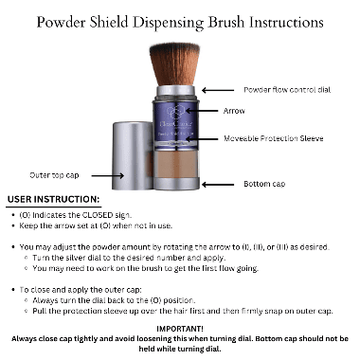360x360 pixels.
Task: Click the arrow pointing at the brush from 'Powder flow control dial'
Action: pyautogui.click(x=223, y=89)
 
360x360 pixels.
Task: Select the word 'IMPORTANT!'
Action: pyautogui.click(x=180, y=326)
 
